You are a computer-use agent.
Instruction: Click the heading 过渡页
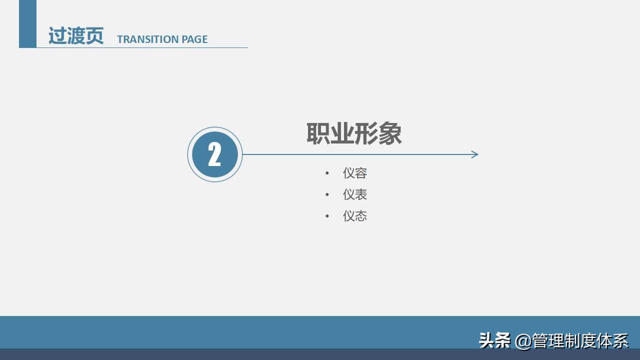click(x=75, y=36)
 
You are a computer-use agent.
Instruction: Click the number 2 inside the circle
click(x=214, y=154)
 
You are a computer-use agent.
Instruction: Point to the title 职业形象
click(x=354, y=134)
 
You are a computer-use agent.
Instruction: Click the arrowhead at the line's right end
click(x=475, y=154)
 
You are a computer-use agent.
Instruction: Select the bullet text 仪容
click(x=355, y=173)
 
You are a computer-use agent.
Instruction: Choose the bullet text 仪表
click(x=355, y=194)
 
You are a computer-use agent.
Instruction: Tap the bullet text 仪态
click(x=355, y=216)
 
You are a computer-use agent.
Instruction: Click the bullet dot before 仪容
click(x=327, y=173)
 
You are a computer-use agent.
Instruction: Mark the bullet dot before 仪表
click(x=327, y=195)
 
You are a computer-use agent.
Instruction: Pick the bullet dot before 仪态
click(x=327, y=216)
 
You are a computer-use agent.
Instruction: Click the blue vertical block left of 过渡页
click(x=27, y=23)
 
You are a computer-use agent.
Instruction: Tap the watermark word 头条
click(x=494, y=340)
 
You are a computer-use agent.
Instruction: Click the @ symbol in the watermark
click(x=522, y=341)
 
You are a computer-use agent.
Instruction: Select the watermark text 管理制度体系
click(x=580, y=340)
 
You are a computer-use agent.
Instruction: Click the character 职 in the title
click(x=318, y=134)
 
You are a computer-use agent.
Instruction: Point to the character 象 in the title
click(x=390, y=134)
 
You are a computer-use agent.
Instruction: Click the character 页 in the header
click(x=94, y=36)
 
